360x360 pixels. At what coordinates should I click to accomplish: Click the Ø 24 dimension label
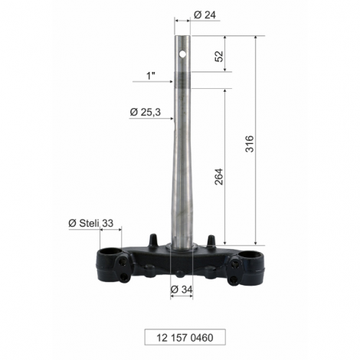click(x=205, y=15)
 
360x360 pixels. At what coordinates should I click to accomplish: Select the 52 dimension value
click(x=219, y=56)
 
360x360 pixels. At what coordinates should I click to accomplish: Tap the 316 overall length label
click(x=250, y=144)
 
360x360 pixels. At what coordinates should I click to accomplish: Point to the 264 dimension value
click(x=219, y=177)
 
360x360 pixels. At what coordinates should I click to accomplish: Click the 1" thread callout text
click(x=151, y=76)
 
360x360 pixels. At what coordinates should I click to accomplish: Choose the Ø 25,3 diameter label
click(x=146, y=112)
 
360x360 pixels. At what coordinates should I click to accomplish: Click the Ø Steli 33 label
click(x=90, y=223)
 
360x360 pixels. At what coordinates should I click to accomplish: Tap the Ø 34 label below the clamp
click(x=182, y=290)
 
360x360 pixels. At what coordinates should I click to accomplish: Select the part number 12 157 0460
click(x=185, y=338)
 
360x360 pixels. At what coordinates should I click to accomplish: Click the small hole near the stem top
click(x=182, y=54)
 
